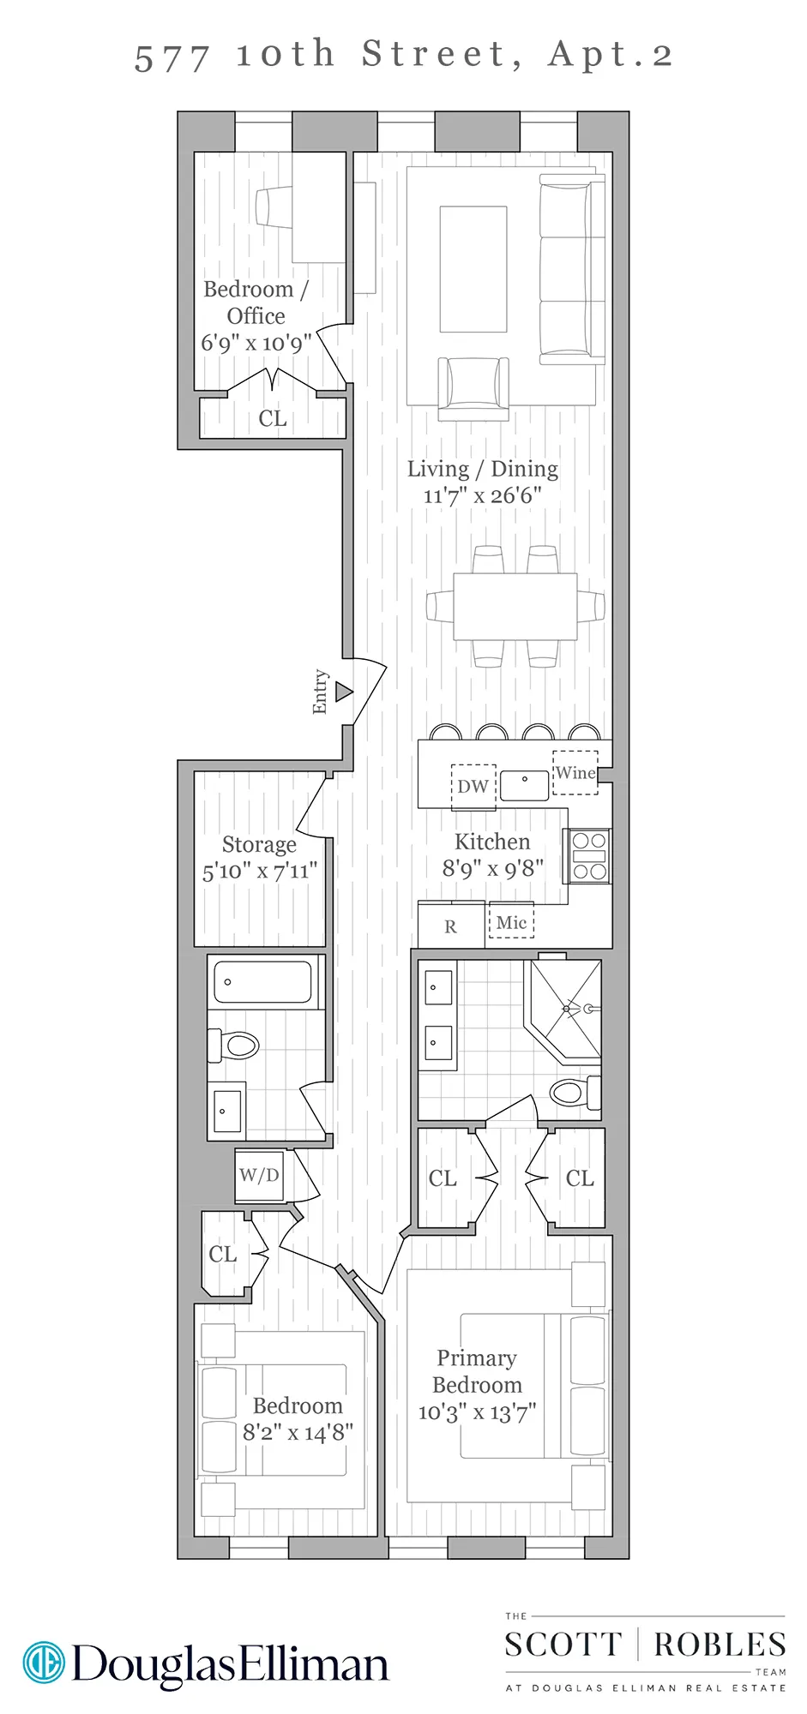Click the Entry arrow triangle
click(344, 691)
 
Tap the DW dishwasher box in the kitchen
click(473, 786)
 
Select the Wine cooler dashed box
click(575, 772)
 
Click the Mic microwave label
click(512, 922)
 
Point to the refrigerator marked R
click(451, 926)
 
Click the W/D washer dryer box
click(259, 1175)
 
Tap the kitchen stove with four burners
click(589, 856)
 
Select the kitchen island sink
click(524, 785)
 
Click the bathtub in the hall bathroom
click(262, 981)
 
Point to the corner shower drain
click(568, 1010)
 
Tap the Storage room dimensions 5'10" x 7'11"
click(260, 872)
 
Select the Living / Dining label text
click(482, 469)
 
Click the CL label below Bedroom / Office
click(273, 418)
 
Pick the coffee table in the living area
click(473, 268)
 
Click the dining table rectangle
click(515, 607)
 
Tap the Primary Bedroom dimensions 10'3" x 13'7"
click(477, 1412)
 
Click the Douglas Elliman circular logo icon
click(44, 1663)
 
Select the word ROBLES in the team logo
click(719, 1645)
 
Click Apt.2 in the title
click(611, 55)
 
